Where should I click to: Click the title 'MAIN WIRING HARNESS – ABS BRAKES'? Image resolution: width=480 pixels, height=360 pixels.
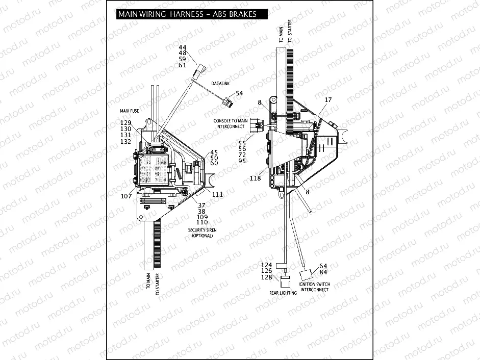(x=187, y=14)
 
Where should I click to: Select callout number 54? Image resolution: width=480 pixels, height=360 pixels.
(x=239, y=93)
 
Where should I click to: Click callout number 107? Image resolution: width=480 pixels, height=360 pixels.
(x=126, y=195)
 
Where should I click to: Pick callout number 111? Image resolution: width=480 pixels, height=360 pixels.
(x=217, y=195)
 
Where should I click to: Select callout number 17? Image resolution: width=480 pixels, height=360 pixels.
(x=328, y=100)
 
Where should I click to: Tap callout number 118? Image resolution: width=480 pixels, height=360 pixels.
(x=255, y=178)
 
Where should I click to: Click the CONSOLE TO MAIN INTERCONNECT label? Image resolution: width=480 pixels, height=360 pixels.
(x=231, y=123)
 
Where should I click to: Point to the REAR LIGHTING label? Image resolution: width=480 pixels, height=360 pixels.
(x=283, y=293)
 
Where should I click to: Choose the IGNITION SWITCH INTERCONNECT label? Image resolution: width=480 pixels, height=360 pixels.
(x=315, y=287)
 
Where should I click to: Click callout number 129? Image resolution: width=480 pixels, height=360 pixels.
(x=125, y=123)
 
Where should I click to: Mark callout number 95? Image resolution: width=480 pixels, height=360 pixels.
(x=242, y=161)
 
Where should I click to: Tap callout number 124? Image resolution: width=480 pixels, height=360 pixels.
(x=267, y=265)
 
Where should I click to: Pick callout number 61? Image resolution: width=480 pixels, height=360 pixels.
(x=183, y=65)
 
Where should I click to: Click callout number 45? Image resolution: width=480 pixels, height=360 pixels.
(x=214, y=152)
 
